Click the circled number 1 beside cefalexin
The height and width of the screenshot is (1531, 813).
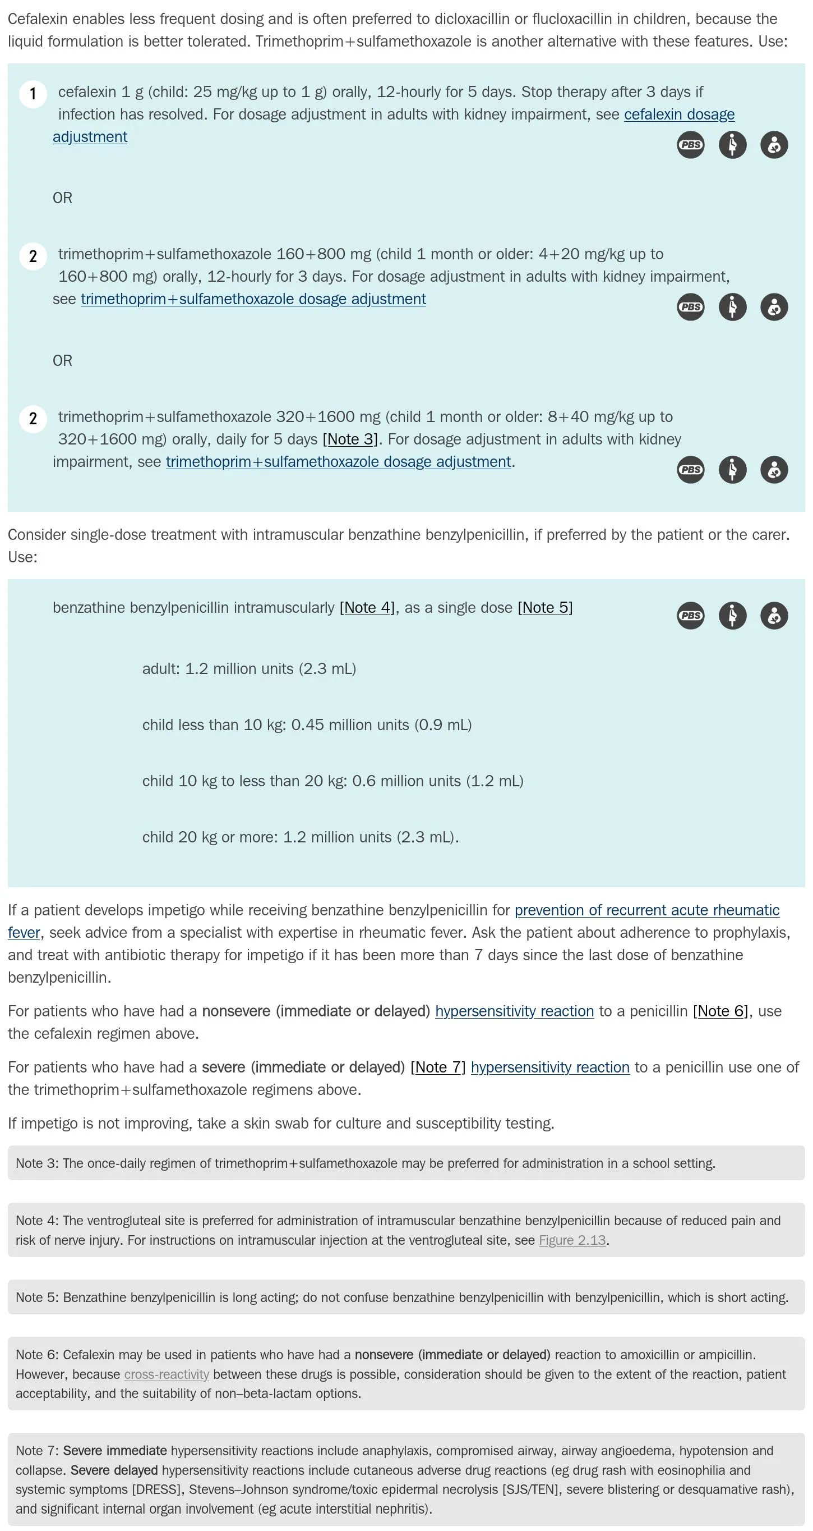(x=33, y=94)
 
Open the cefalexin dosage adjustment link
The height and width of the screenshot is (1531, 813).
(x=679, y=114)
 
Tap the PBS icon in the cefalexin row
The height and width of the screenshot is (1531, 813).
(x=690, y=145)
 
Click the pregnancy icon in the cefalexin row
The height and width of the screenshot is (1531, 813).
(x=732, y=145)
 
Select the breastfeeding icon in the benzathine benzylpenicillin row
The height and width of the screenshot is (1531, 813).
(x=774, y=615)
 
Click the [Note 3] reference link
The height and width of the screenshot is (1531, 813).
(x=350, y=439)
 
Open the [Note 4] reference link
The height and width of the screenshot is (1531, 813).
(x=367, y=607)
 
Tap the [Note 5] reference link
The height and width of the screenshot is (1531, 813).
(x=544, y=607)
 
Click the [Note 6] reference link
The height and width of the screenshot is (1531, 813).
(x=720, y=1011)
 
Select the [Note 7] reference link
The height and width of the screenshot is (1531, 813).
(x=438, y=1067)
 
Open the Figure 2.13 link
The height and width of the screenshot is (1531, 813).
(x=572, y=1240)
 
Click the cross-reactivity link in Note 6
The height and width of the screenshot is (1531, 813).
(x=167, y=1374)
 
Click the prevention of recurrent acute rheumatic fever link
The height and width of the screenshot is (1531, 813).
(x=646, y=910)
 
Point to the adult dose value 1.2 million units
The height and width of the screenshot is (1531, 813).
(x=239, y=668)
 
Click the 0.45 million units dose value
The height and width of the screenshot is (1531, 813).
(x=350, y=725)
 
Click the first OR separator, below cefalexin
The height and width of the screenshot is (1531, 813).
(x=62, y=198)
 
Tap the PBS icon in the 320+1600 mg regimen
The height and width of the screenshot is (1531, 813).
(x=690, y=470)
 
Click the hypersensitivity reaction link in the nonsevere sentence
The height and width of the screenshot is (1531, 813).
(x=514, y=1011)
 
